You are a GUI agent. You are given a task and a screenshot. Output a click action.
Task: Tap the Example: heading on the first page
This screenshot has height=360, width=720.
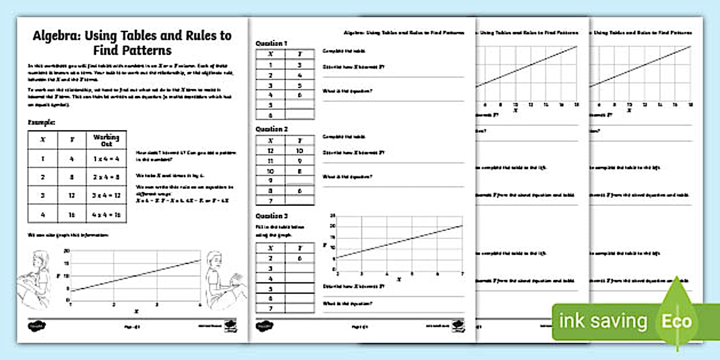coord(42,122)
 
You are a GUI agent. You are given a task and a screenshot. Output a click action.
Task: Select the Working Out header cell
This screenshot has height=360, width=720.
coord(106,141)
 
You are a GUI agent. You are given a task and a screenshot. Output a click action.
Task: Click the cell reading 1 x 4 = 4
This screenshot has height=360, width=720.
coord(106,159)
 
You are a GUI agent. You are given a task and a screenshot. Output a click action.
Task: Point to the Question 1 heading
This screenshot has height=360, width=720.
coord(272,43)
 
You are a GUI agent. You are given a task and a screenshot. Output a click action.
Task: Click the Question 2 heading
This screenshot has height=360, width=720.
coord(272,130)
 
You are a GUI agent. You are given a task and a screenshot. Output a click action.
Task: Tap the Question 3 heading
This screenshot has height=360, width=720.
coord(272,216)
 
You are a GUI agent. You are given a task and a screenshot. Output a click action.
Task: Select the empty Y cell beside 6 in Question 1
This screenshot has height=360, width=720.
coord(299,115)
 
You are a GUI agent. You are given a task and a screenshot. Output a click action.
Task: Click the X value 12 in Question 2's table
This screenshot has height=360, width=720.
coord(270,150)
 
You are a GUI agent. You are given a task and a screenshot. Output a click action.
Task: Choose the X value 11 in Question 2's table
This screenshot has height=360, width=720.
coord(270,161)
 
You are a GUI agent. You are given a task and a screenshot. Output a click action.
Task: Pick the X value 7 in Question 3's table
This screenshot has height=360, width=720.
coord(270,309)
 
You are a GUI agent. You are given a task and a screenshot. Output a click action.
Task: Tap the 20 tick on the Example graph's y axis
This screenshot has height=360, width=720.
coord(67,251)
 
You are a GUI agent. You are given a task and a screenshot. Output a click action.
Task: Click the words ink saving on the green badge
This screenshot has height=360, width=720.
coord(603,321)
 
